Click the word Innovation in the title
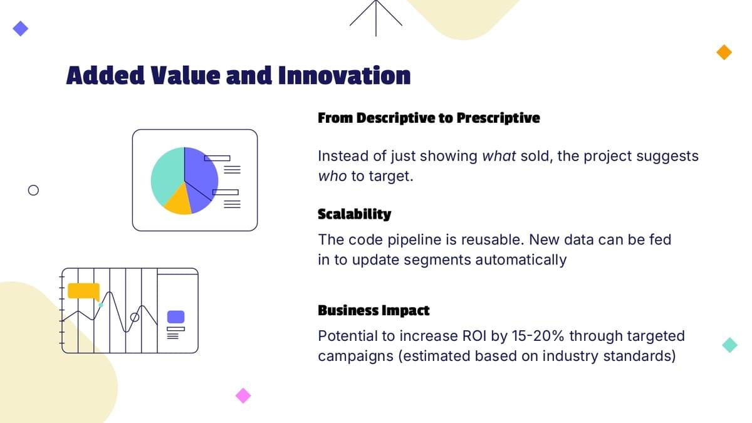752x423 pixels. pos(344,75)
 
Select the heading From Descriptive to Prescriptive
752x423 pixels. pos(429,118)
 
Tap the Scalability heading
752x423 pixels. pos(355,214)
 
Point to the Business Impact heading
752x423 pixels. pos(373,311)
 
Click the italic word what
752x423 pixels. pos(499,156)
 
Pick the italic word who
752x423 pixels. pos(332,176)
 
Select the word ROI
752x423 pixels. pos(474,336)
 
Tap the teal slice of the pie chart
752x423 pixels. pos(167,175)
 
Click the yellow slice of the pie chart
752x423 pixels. pos(179,201)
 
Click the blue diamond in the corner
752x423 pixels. pos(21,29)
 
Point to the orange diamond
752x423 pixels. pos(724,53)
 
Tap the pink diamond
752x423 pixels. pos(243,395)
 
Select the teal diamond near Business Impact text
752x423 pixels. pos(730,345)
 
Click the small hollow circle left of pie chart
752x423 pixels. pos(33,191)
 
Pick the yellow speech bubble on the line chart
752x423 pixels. pos(83,291)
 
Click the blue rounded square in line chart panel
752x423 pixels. pos(176,317)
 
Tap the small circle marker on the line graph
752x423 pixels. pos(135,317)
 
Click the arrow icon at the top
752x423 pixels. pos(376,13)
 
